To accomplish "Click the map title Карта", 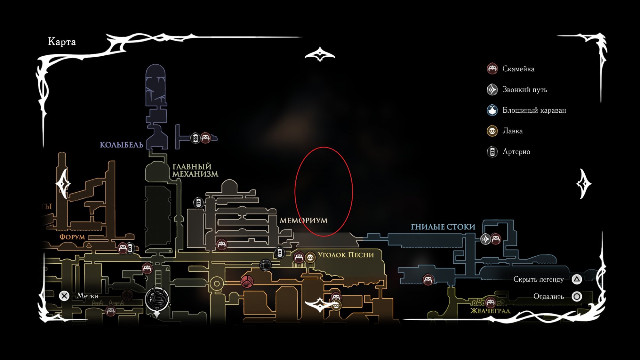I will click(x=62, y=42).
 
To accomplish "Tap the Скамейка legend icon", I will click(x=492, y=69).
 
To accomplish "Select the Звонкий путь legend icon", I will click(x=492, y=90).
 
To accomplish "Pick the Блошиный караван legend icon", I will click(x=492, y=110).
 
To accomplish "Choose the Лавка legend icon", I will click(x=492, y=131).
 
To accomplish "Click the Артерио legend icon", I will click(x=492, y=152).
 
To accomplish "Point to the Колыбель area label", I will click(x=122, y=145).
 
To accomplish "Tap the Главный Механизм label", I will click(x=195, y=171).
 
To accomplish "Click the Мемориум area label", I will click(x=303, y=220).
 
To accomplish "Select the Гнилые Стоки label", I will click(x=443, y=227).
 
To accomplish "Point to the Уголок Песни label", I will click(x=346, y=255).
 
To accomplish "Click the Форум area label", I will click(x=72, y=237).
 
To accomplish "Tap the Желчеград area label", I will click(x=490, y=311).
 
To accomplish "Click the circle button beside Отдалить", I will click(x=577, y=297).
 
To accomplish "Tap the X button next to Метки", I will click(x=64, y=296).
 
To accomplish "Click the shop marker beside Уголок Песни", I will click(x=310, y=257).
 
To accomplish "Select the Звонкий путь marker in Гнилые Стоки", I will click(x=485, y=239).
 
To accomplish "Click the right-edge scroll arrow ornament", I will click(x=583, y=184).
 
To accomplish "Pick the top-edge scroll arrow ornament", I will click(x=320, y=55).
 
